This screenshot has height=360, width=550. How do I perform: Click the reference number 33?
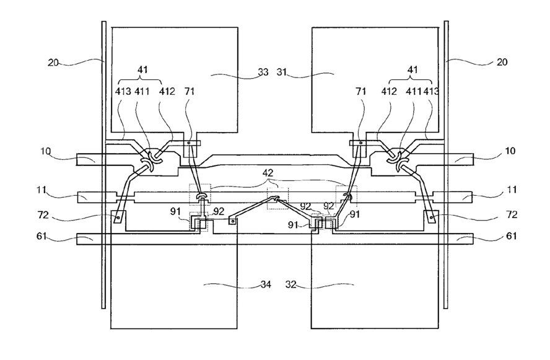coord(263,72)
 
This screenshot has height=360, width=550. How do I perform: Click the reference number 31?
coord(282,72)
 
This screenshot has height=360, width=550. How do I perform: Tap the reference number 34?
coord(266,284)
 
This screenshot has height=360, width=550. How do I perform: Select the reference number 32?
coord(290,284)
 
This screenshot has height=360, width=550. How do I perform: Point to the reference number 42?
coord(268,173)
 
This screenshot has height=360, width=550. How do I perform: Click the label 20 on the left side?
coord(53,63)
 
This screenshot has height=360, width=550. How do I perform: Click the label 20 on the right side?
coord(502,62)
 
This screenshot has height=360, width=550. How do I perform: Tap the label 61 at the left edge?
coord(41,236)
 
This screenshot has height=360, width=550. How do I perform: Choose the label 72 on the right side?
coord(512,214)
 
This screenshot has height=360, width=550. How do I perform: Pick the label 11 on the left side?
coord(41,190)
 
